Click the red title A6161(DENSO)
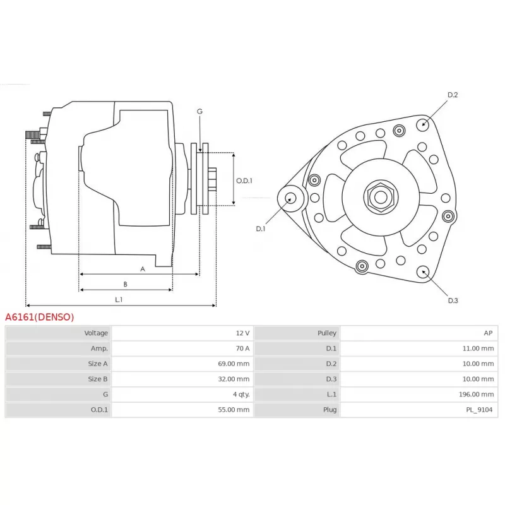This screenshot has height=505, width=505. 40,318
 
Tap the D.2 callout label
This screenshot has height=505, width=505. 453,95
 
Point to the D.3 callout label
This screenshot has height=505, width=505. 453,300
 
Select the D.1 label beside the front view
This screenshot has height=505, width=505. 261,229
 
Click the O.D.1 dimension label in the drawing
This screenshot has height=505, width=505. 244,181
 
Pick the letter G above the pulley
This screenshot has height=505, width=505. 199,112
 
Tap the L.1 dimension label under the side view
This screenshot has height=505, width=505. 119,299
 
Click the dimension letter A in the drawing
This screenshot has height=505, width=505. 143,269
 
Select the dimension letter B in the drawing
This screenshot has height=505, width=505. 125,284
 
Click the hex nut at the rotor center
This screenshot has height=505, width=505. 381,197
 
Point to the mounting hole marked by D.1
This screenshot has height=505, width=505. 291,198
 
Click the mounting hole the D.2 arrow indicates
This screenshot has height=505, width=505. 422,125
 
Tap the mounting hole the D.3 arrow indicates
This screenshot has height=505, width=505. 423,272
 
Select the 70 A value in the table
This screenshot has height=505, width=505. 242,348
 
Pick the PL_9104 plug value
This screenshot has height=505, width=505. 479,410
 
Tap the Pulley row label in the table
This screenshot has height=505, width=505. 327,333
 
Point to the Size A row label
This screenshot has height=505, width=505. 98,364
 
